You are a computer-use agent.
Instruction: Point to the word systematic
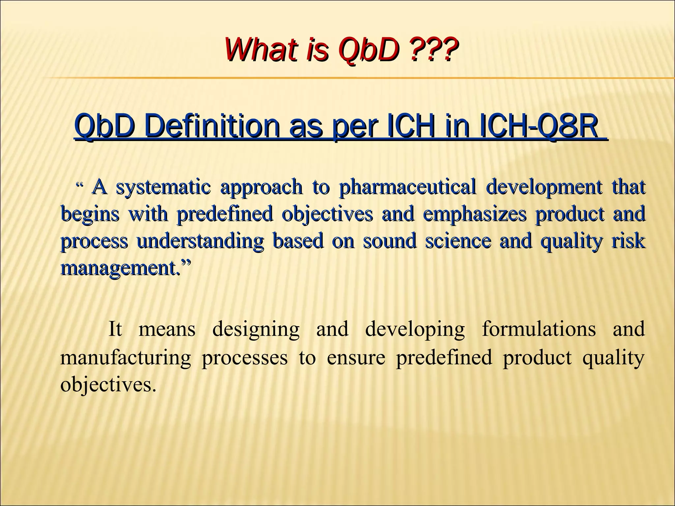click(x=163, y=187)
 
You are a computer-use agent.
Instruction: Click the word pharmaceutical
click(x=407, y=187)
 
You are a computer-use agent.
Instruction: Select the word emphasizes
click(x=474, y=214)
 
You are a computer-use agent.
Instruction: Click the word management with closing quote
click(x=125, y=268)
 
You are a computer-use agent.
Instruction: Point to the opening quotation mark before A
click(x=79, y=185)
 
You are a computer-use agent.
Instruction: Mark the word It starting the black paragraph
click(x=115, y=329)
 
